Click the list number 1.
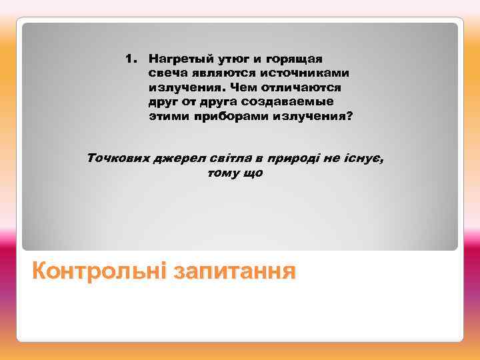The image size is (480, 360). (x=130, y=58)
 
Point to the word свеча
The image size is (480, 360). (x=167, y=73)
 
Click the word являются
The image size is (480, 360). (x=222, y=73)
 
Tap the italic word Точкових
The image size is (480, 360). (x=118, y=159)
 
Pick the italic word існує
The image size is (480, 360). (x=365, y=159)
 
